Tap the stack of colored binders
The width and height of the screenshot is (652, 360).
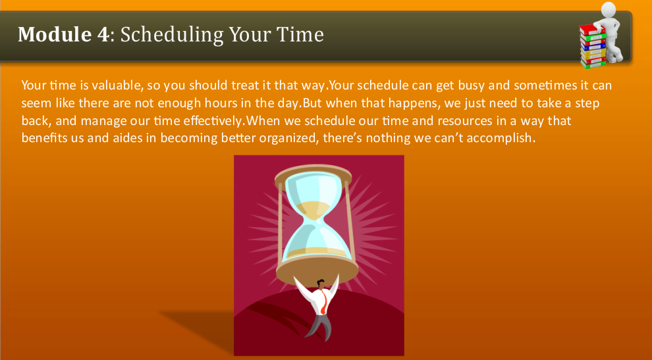(x=593, y=46)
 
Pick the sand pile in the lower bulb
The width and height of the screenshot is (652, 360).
(x=317, y=251)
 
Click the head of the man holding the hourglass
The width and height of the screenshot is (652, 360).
(x=321, y=285)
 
